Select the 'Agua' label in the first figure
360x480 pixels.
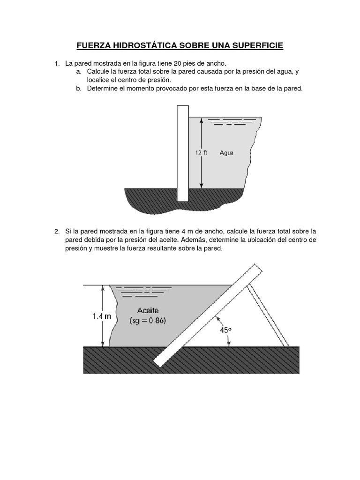tap(226, 153)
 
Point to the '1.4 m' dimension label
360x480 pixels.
tap(101, 316)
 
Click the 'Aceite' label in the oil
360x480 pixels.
tap(148, 310)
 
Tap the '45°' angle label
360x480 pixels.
tap(226, 330)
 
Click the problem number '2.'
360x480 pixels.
tap(57, 231)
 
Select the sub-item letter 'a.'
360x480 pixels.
tap(78, 71)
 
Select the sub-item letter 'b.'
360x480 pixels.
tap(78, 88)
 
